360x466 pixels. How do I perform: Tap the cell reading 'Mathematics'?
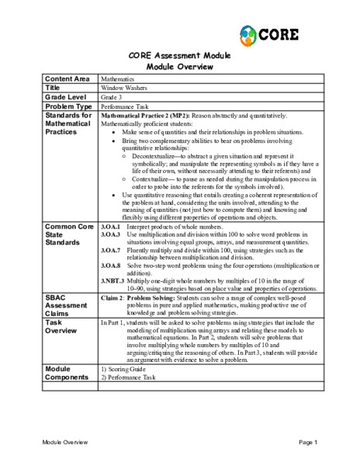click(119, 79)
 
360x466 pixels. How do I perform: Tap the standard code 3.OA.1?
click(110, 226)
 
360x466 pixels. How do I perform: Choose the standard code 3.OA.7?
click(110, 251)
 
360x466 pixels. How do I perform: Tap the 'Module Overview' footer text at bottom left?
click(65, 442)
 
